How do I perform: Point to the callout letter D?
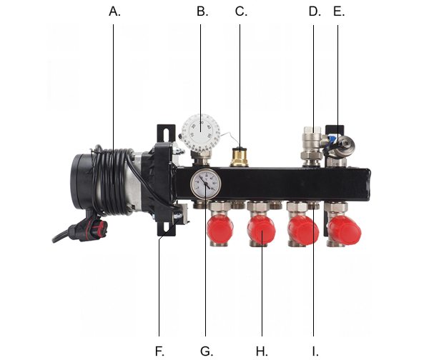click(314, 11)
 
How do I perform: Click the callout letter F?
click(159, 351)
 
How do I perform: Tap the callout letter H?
click(261, 351)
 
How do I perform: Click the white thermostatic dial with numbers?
click(201, 132)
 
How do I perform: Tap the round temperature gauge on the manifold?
click(205, 184)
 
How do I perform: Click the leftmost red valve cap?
click(220, 228)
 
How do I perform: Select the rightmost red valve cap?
click(345, 229)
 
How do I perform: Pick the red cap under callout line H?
click(261, 229)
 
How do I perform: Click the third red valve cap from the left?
click(303, 230)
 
